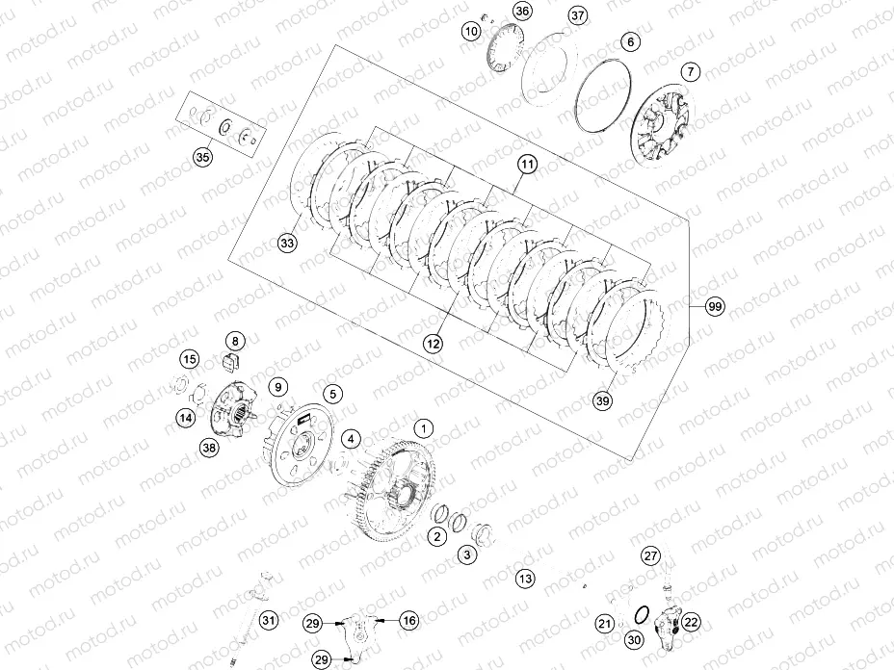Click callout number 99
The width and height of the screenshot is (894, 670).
[x=714, y=306]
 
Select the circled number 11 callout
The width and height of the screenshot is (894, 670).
[x=525, y=165]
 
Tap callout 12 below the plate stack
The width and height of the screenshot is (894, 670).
[x=434, y=342]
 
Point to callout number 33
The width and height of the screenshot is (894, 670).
[x=287, y=245]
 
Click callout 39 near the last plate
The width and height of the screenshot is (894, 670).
[x=603, y=400]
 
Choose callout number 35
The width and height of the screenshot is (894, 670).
[x=202, y=157]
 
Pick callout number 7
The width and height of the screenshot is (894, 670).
[x=690, y=72]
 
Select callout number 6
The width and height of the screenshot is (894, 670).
[x=629, y=42]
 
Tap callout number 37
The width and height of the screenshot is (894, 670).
[x=577, y=16]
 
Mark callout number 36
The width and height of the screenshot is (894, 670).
[x=521, y=12]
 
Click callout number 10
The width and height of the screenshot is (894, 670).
[x=471, y=31]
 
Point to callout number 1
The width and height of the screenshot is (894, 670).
[x=421, y=425]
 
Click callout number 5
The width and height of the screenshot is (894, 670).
[x=331, y=394]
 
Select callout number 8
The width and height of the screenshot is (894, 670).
[x=234, y=340]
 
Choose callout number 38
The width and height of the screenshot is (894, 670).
[x=208, y=448]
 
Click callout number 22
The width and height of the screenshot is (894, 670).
[x=692, y=622]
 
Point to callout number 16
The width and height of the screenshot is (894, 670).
[x=409, y=621]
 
